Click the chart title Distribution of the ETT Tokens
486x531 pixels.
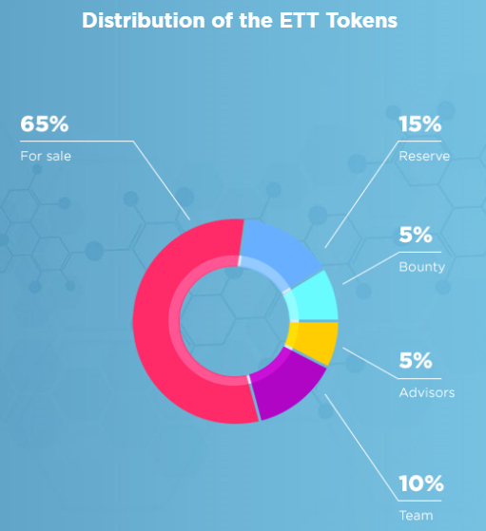coord(240,20)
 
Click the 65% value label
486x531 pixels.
coord(45,123)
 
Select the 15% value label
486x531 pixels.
coord(420,123)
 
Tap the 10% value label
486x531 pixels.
coord(421,484)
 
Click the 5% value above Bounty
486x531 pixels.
coord(416,235)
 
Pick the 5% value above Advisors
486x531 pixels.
coord(416,360)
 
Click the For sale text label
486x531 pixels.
coord(46,156)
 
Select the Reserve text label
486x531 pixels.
coord(424,156)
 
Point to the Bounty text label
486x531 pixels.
coord(422,267)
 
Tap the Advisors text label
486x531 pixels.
coord(427,393)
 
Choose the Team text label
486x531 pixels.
coord(417,516)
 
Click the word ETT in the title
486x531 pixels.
coord(300,20)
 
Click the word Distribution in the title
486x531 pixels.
coord(144,20)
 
